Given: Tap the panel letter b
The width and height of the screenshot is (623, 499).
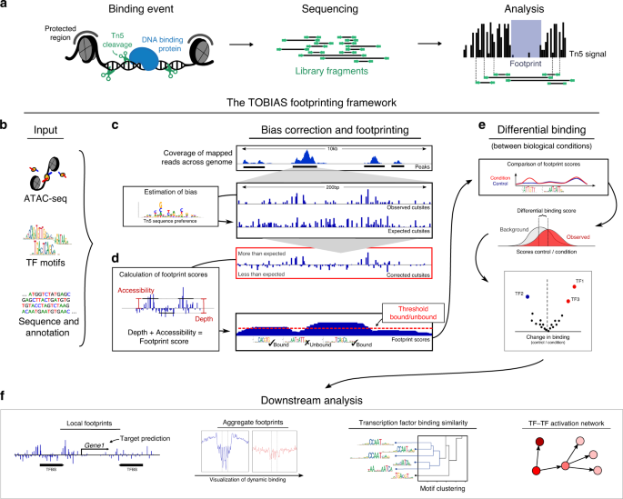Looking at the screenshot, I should click(x=8, y=124).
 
